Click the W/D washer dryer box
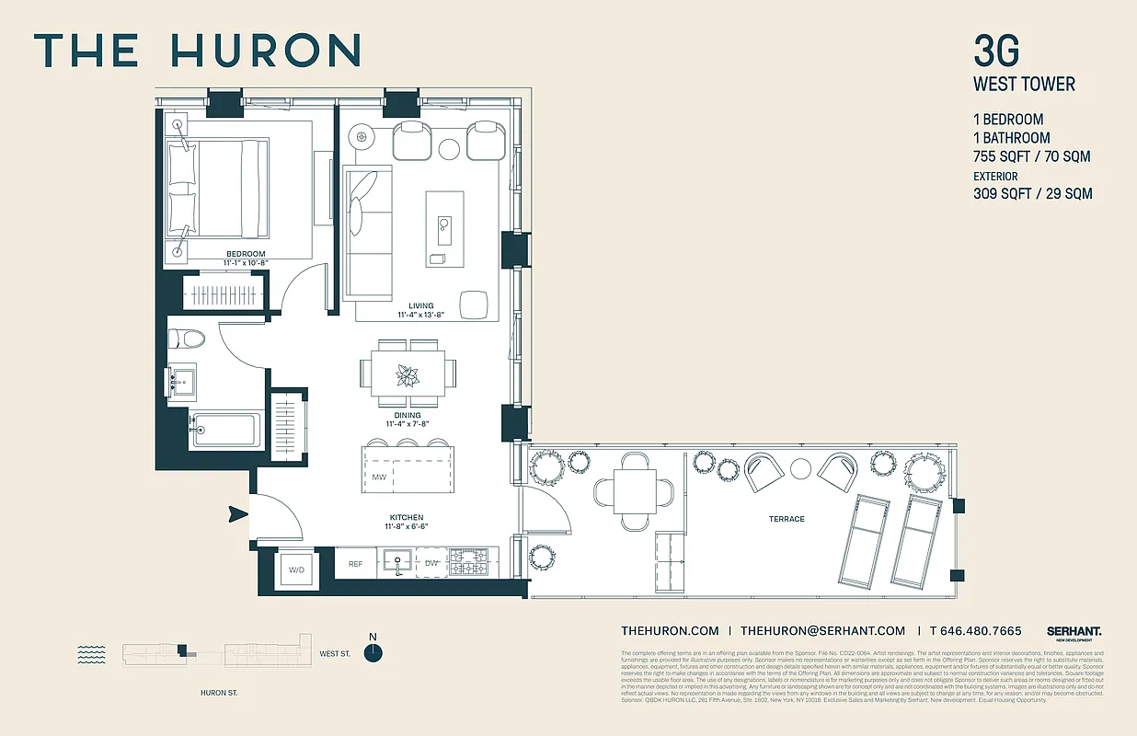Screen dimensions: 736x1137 coord(296,569)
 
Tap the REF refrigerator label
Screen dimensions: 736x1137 coord(355,563)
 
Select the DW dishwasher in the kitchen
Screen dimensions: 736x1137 coord(432,563)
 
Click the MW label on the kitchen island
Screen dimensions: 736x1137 coord(379,477)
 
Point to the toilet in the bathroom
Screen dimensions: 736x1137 coord(188,339)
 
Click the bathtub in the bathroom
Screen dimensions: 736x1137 coord(224,431)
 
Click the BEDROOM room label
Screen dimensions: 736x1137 coord(246,254)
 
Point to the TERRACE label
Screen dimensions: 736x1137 coord(787,519)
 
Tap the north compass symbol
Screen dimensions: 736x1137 coord(373,652)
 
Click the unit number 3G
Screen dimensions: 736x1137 coord(996,51)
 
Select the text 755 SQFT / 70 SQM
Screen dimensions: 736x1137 coord(1032,156)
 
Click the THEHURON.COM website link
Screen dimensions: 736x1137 coord(670,630)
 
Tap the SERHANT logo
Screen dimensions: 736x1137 coord(1074,631)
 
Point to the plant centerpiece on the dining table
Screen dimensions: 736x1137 coord(406,375)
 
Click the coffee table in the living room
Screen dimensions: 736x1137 coord(444,228)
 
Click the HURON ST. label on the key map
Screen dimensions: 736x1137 coord(219,692)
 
